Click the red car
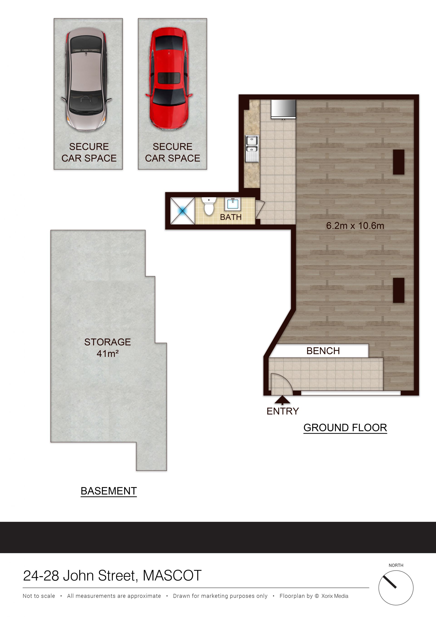pos(169,79)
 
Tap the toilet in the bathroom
pos(209,206)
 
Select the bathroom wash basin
pos(233,204)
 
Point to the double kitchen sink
pos(252,149)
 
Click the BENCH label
pos(323,351)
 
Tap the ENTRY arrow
pos(282,400)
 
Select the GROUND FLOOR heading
pos(345,428)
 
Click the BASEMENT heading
pos(109,491)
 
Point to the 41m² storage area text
pos(107,354)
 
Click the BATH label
pos(231,217)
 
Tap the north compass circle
pos(396,588)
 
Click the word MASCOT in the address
pos(172,576)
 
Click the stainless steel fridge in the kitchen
pos(283,109)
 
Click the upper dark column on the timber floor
pos(399,162)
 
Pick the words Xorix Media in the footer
pos(335,596)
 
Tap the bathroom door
pos(260,210)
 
